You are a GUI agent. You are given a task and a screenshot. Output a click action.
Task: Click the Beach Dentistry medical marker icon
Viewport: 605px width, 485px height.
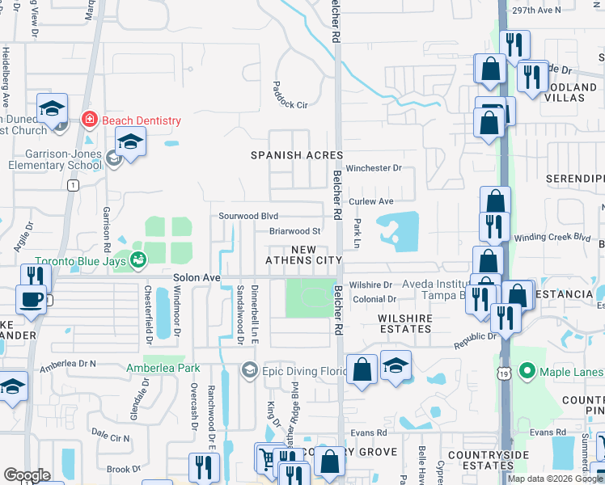click(x=89, y=120)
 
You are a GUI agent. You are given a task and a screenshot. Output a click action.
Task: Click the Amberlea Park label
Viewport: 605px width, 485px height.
click(x=163, y=368)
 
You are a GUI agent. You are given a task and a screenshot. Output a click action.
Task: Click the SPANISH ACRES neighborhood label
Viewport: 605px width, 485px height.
click(x=297, y=154)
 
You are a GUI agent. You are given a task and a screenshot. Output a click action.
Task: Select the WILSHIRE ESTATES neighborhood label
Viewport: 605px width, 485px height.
click(x=405, y=323)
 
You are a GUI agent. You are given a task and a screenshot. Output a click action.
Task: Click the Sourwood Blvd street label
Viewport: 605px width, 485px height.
click(x=248, y=216)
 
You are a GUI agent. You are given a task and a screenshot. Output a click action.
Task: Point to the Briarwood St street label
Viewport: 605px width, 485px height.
click(x=295, y=231)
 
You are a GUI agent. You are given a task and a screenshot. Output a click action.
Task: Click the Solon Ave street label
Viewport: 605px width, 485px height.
click(x=197, y=277)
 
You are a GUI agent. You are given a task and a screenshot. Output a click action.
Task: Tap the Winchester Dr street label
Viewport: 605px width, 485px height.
click(x=374, y=168)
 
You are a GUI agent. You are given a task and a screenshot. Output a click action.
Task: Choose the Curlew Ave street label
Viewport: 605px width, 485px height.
click(x=370, y=201)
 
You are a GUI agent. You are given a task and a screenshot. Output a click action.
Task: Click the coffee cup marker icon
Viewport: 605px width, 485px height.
click(x=32, y=299)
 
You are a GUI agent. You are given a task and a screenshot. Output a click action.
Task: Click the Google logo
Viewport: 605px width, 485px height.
click(x=27, y=475)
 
